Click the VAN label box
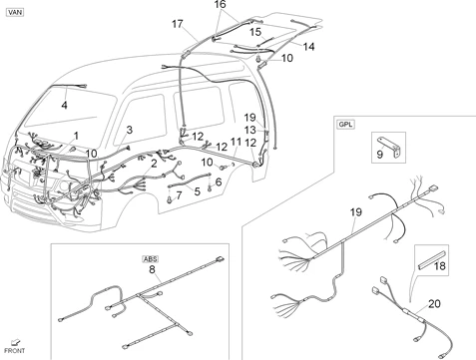click(x=15, y=12)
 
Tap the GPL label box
click(x=346, y=125)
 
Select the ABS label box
click(x=151, y=259)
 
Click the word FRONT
click(x=14, y=351)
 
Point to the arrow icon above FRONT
click(x=15, y=342)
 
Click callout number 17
click(x=178, y=24)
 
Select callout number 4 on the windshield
click(x=64, y=106)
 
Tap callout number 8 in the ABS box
click(x=152, y=269)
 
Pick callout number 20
click(x=434, y=303)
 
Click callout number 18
click(x=440, y=265)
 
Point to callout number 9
click(x=380, y=155)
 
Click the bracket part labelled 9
click(x=389, y=147)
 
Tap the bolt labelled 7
click(x=171, y=199)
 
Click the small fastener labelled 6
click(x=210, y=188)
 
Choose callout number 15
click(x=255, y=32)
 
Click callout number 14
click(x=308, y=47)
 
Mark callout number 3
click(x=130, y=130)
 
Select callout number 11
click(x=236, y=142)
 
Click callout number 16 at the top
click(x=220, y=4)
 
